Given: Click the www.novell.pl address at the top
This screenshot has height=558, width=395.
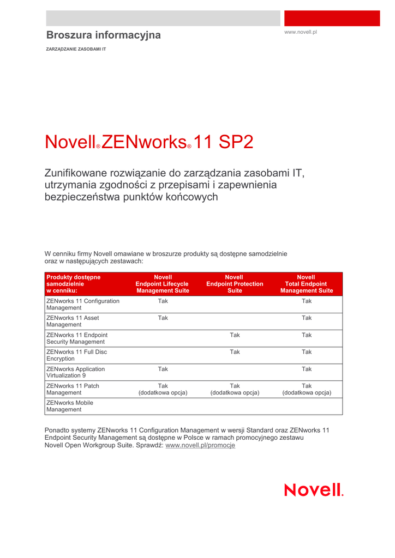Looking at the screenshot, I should point(301,32).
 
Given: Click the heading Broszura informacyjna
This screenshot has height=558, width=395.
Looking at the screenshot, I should point(103,35).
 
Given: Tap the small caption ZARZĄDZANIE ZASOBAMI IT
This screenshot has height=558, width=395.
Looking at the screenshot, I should point(76,49).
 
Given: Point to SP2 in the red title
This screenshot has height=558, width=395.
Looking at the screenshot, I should point(236,142).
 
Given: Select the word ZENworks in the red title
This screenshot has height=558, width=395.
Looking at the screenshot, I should point(144,142).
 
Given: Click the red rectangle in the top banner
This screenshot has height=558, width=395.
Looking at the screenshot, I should point(332,18).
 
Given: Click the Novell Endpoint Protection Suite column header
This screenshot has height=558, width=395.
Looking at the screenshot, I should point(235,284).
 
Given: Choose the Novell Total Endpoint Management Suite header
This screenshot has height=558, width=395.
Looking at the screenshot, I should point(306,284).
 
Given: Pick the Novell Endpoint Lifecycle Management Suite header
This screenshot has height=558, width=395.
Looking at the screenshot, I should point(163,284).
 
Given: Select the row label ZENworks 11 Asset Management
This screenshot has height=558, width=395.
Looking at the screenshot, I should point(73,321).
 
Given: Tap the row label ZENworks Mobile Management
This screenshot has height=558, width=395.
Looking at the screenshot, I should point(70,406).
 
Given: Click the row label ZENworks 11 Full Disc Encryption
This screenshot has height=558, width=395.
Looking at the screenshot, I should point(76,355).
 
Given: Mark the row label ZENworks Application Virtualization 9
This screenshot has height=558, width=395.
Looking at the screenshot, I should point(75,372).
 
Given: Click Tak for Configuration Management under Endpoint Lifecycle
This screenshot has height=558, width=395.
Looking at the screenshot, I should point(163,301).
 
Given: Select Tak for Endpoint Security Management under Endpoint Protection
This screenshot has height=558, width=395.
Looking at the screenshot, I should point(235,335).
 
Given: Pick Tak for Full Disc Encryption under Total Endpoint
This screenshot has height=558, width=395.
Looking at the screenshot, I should point(307,352).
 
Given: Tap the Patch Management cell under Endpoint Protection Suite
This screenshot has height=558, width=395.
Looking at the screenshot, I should point(235,389).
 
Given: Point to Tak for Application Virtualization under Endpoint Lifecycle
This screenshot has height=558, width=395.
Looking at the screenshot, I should point(163,369).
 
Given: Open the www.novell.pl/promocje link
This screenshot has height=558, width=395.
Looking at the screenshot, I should point(200,445).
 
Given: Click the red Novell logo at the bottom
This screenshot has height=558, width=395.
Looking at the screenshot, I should point(314,490).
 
